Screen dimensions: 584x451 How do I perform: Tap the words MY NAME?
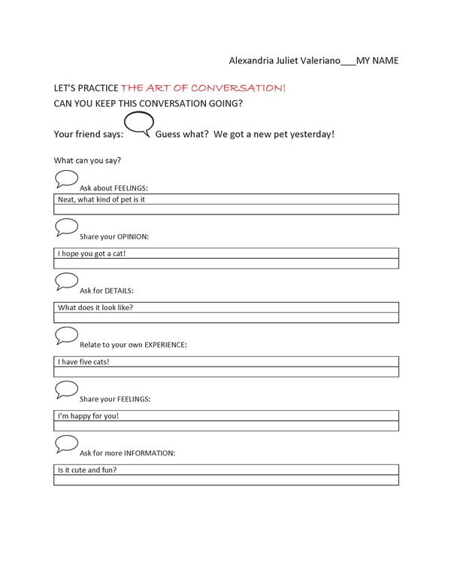point(377,59)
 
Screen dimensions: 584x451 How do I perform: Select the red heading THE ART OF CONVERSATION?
point(203,88)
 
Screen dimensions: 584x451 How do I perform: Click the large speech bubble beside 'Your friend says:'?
point(138,123)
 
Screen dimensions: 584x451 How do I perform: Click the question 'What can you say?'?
point(88,160)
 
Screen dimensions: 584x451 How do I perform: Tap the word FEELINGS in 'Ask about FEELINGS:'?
point(126,187)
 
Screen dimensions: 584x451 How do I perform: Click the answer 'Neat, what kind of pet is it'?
point(101,199)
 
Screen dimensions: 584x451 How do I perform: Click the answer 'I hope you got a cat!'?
point(92,254)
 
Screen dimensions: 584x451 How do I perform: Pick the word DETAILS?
point(124,290)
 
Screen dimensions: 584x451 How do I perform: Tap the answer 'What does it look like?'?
point(95,307)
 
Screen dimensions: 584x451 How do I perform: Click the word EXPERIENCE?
point(161,345)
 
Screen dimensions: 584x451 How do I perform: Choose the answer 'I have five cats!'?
point(89,361)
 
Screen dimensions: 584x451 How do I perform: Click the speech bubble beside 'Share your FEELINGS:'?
point(66,390)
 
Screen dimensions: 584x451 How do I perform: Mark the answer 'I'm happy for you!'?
point(88,415)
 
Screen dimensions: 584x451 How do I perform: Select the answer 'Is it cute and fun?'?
point(87,470)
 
